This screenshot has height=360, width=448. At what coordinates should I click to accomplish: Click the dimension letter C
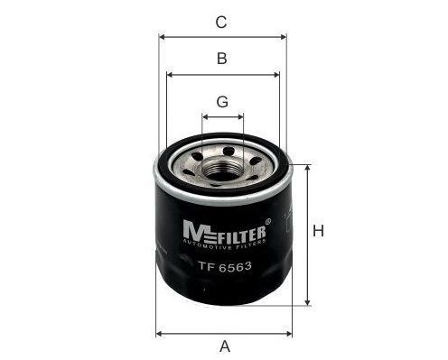(221, 23)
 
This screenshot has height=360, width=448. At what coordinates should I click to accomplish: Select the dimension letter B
(222, 59)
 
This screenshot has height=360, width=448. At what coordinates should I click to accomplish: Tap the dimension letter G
(222, 102)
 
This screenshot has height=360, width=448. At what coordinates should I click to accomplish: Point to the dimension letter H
(319, 231)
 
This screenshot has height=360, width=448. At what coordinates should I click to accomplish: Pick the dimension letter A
(225, 346)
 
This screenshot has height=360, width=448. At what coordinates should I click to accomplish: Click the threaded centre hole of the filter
(222, 171)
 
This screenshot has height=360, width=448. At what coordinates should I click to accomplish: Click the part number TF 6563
(225, 266)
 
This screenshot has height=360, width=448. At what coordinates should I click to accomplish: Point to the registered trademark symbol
(267, 221)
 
